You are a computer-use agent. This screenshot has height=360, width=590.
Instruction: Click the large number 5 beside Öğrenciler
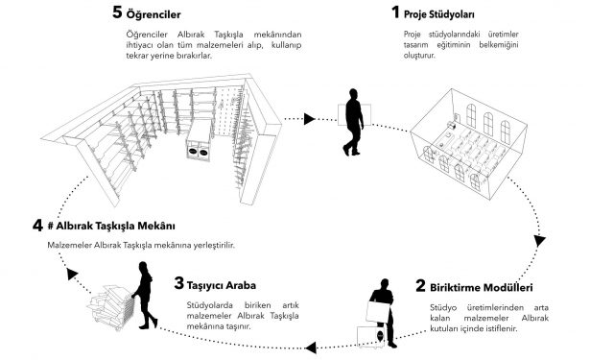click(117, 12)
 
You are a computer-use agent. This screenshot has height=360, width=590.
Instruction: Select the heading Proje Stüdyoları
click(438, 14)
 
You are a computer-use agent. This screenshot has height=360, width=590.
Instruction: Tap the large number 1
click(395, 12)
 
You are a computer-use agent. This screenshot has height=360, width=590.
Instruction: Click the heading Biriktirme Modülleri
click(482, 288)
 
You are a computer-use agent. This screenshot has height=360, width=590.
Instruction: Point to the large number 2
click(421, 285)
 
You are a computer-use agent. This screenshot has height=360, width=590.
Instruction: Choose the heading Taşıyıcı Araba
click(222, 285)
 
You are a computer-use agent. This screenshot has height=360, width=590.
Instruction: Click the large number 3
click(179, 283)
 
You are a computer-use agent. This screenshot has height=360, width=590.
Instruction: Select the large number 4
click(37, 226)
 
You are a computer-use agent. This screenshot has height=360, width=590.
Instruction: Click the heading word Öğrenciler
click(153, 14)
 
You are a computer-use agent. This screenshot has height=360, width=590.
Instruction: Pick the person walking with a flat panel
click(353, 122)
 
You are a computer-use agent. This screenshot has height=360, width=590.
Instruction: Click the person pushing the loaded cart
click(144, 296)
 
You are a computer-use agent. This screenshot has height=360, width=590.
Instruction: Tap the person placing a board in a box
click(383, 313)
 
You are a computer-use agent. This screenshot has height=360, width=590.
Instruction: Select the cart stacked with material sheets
click(111, 307)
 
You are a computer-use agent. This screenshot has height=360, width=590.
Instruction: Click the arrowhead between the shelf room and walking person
click(309, 119)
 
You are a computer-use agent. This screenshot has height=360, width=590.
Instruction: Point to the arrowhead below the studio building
click(540, 240)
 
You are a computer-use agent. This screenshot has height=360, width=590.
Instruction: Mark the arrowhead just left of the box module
click(311, 348)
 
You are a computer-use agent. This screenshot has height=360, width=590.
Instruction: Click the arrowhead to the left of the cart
click(72, 274)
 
